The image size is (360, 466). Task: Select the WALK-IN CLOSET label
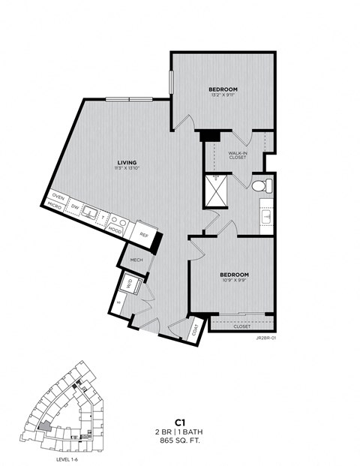coord(238,155)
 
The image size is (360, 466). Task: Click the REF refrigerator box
coord(145,235)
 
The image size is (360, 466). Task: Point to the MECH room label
coord(136,260)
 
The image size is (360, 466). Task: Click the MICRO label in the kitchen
coord(54,206)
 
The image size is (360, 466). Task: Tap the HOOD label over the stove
coord(116,230)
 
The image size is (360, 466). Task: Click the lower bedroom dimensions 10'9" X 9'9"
coord(234,281)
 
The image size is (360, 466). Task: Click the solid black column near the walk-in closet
coord(208,135)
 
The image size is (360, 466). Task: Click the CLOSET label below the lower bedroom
coord(241,326)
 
